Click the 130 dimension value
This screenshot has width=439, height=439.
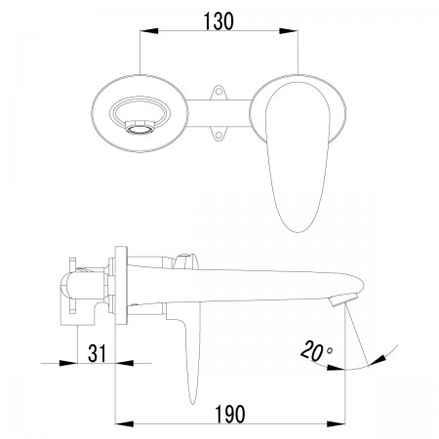click(219, 21)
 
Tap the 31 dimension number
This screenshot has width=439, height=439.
click(97, 353)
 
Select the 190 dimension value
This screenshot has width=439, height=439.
click(230, 414)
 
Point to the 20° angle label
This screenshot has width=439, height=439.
click(316, 350)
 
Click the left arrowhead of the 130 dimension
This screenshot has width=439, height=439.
click(149, 31)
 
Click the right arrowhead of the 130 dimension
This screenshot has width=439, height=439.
click(289, 31)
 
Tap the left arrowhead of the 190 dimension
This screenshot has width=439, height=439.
click(125, 423)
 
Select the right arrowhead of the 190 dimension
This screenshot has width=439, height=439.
click(336, 423)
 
